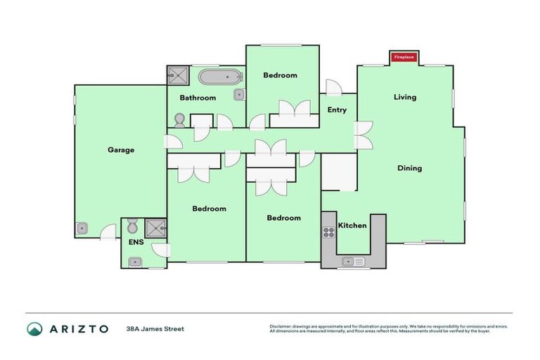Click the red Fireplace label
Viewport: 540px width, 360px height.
click(404, 56)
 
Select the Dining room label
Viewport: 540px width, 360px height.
click(409, 168)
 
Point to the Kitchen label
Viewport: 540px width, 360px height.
click(352, 226)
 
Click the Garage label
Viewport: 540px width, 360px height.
click(121, 150)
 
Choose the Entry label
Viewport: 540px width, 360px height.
click(337, 110)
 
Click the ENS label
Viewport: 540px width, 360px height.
click(135, 243)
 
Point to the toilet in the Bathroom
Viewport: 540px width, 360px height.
click(179, 120)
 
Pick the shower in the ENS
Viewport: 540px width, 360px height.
click(156, 227)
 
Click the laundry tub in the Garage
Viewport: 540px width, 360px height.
click(82, 228)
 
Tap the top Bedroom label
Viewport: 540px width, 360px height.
click(280, 75)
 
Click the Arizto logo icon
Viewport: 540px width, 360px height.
click(34, 329)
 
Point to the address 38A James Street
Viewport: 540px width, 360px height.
click(155, 328)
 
